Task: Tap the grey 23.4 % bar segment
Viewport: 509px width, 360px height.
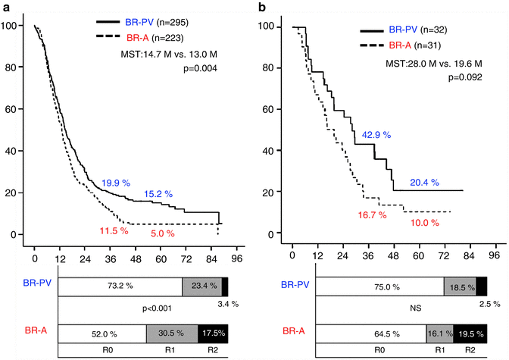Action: coord(201,286)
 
